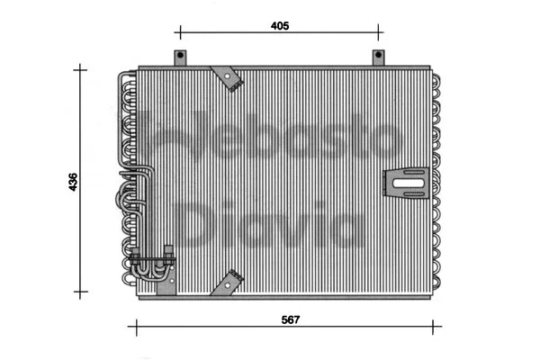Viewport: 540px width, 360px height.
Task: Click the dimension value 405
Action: click(279, 27)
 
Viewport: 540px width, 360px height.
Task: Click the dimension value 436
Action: click(73, 180)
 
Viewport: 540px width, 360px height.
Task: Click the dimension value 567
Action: click(289, 319)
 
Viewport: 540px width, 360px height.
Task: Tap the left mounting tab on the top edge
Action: click(179, 58)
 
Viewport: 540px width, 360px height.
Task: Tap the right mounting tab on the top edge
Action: click(379, 58)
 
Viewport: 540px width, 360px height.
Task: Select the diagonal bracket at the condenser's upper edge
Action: click(229, 78)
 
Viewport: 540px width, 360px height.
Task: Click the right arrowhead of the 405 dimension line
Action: click(378, 35)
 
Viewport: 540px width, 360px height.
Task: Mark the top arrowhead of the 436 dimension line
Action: click(83, 68)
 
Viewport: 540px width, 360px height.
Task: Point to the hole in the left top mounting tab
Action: click(179, 57)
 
